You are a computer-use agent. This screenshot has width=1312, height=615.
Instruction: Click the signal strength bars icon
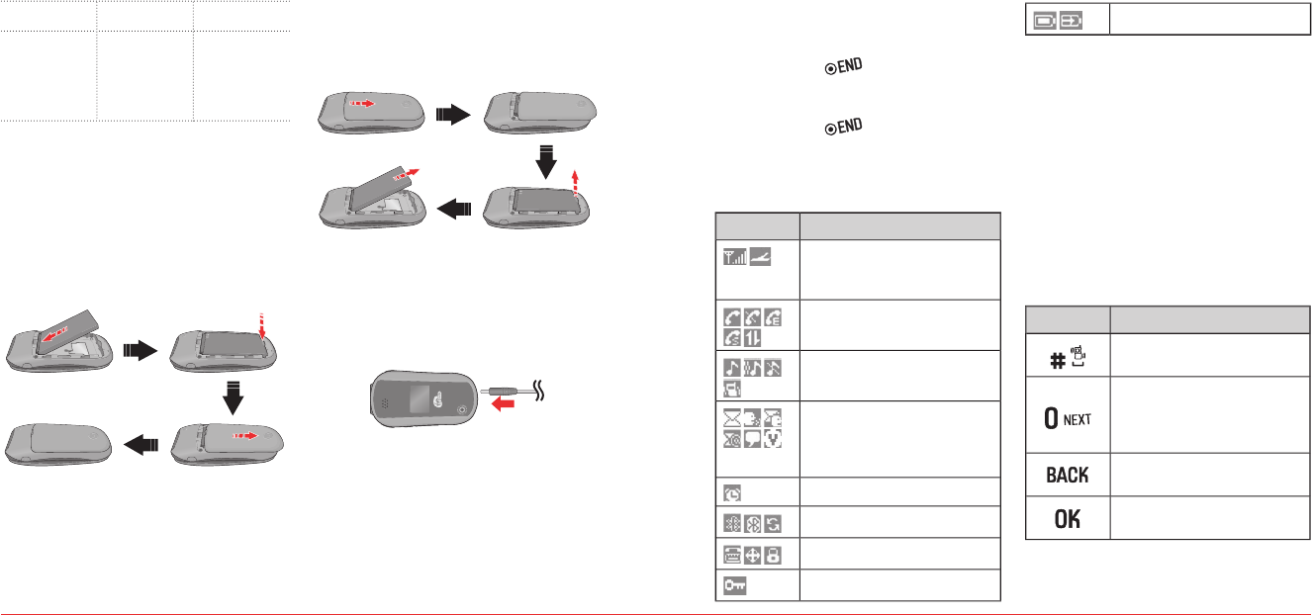point(733,258)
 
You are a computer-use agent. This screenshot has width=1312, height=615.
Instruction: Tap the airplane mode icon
point(759,258)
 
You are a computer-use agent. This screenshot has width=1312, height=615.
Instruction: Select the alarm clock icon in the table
point(733,492)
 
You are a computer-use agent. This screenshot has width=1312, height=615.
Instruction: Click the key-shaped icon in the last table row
point(734,585)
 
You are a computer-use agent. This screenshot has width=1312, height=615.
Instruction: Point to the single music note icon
point(733,367)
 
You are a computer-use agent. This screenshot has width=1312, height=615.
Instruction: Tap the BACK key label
point(1067,476)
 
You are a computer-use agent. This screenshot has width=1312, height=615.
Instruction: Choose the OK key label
point(1067,518)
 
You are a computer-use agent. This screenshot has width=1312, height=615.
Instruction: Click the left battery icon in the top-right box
point(1043,18)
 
